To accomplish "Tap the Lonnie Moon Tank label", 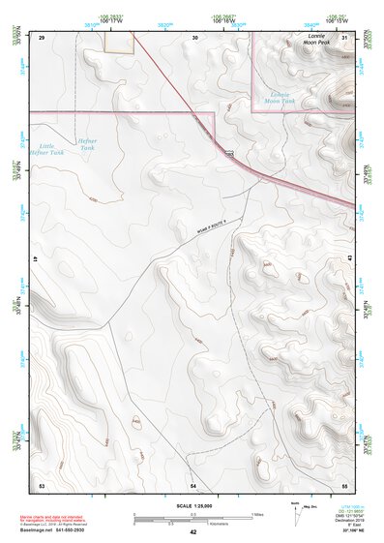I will [280, 97].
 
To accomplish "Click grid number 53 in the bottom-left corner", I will [42, 483].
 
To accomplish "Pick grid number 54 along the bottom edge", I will [193, 483].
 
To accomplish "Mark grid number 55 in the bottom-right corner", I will [344, 483].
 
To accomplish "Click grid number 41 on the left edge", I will [35, 260].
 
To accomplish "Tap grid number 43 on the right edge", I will [349, 260].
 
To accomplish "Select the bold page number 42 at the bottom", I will [193, 532].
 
